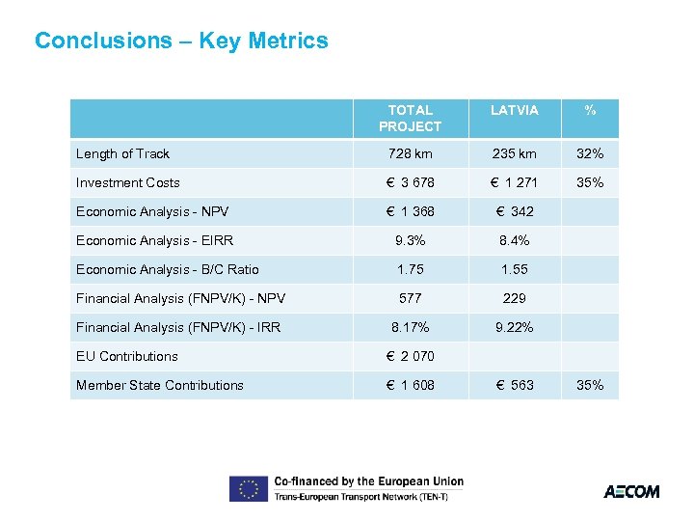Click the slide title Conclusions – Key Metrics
[x=181, y=41]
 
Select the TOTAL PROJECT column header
[x=410, y=118]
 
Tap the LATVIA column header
[x=514, y=110]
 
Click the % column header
[x=590, y=110]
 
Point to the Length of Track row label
[x=122, y=153]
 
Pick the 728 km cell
[x=411, y=153]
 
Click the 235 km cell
[x=514, y=153]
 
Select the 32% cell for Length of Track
[x=590, y=153]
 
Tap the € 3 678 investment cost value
[x=411, y=182]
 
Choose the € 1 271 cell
[x=514, y=182]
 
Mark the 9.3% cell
[x=411, y=240]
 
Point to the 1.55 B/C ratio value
[x=514, y=269]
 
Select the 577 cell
[x=411, y=298]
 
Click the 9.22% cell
[x=514, y=327]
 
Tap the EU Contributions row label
[x=126, y=356]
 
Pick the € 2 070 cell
[x=411, y=356]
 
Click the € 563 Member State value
[x=514, y=385]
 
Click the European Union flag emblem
[x=248, y=489]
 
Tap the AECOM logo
[x=631, y=491]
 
